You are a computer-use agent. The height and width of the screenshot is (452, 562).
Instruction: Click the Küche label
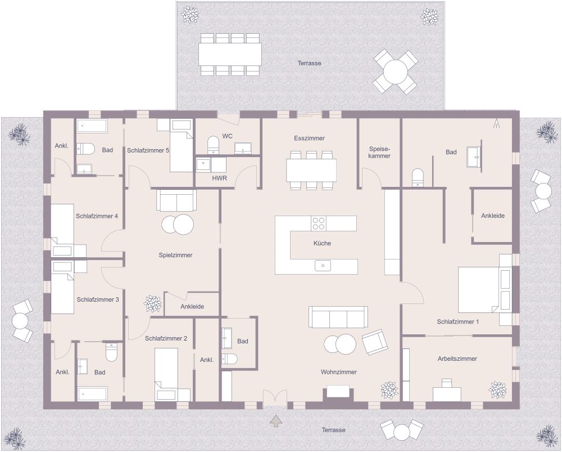click(x=322, y=243)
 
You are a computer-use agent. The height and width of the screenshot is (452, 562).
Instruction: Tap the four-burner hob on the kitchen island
click(x=319, y=223)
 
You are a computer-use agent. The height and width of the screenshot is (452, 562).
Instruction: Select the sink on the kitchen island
click(x=323, y=265)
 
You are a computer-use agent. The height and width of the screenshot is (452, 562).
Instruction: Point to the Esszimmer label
click(x=309, y=138)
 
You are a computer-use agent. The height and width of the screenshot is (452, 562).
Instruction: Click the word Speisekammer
click(x=379, y=151)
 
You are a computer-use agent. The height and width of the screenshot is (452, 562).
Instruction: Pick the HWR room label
click(x=219, y=177)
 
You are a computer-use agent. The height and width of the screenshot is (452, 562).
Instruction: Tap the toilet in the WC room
click(x=214, y=145)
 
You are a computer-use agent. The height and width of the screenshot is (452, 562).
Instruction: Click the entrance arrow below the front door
click(x=275, y=420)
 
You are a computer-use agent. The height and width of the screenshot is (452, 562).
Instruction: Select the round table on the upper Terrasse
click(x=396, y=71)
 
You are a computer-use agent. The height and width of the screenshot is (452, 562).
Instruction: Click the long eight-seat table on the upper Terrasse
click(x=230, y=55)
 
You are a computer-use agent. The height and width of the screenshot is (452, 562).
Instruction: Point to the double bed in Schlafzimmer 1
click(x=484, y=290)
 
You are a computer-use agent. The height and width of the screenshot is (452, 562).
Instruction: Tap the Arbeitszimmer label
click(x=457, y=359)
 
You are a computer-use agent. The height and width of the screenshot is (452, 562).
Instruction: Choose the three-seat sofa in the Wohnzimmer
click(x=338, y=317)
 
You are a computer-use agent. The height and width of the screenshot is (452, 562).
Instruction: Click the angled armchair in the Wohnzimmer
click(x=374, y=342)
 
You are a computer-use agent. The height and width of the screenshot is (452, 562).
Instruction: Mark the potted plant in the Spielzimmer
click(x=152, y=304)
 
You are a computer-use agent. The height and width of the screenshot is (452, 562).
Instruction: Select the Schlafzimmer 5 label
click(x=148, y=150)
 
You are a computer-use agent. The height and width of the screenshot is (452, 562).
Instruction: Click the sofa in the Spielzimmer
click(x=176, y=200)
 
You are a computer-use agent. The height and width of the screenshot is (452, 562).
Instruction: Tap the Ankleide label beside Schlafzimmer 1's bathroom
click(x=492, y=216)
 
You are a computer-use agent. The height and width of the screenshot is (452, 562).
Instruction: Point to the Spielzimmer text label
click(x=175, y=255)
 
